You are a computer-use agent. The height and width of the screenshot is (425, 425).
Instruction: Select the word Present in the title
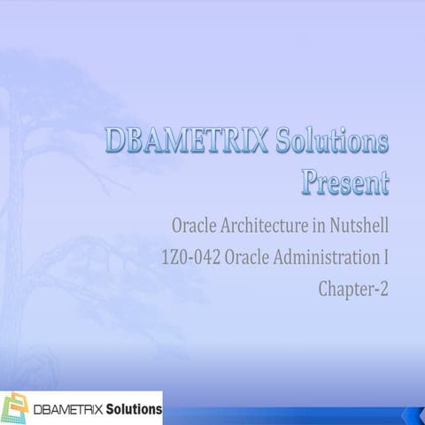pyautogui.click(x=344, y=182)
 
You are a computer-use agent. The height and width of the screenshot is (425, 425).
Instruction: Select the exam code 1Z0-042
pyautogui.click(x=188, y=259)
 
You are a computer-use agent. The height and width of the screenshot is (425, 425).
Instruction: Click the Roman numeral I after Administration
pyautogui.click(x=386, y=259)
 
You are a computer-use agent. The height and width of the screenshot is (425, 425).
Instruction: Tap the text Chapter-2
pyautogui.click(x=354, y=288)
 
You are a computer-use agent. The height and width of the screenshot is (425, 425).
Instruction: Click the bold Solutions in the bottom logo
pyautogui.click(x=134, y=410)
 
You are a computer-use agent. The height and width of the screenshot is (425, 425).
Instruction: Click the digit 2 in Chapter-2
pyautogui.click(x=384, y=288)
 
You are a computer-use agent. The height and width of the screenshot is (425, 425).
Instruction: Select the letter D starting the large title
pyautogui.click(x=116, y=141)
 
